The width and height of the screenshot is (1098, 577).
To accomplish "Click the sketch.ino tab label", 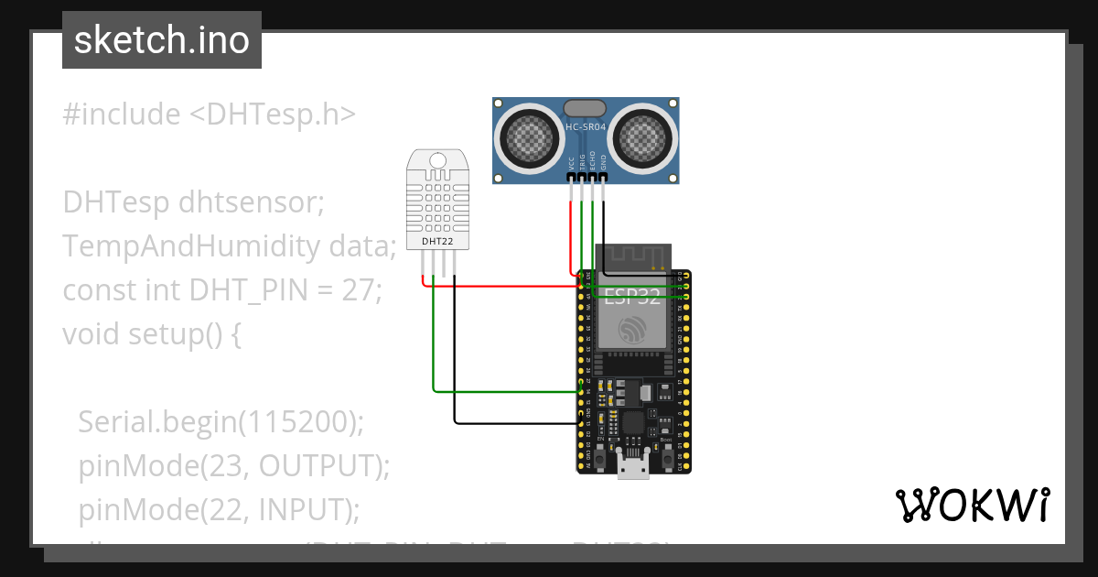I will pos(161,40).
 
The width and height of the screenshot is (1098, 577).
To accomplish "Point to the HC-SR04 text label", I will pos(586,127).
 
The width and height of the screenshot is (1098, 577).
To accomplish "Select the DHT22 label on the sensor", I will pos(437,242).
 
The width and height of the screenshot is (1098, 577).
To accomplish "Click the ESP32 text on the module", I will pos(633,295).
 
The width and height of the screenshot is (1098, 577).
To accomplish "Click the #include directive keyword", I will pos(122,114).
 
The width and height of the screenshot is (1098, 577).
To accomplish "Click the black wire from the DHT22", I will pos(455,366).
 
